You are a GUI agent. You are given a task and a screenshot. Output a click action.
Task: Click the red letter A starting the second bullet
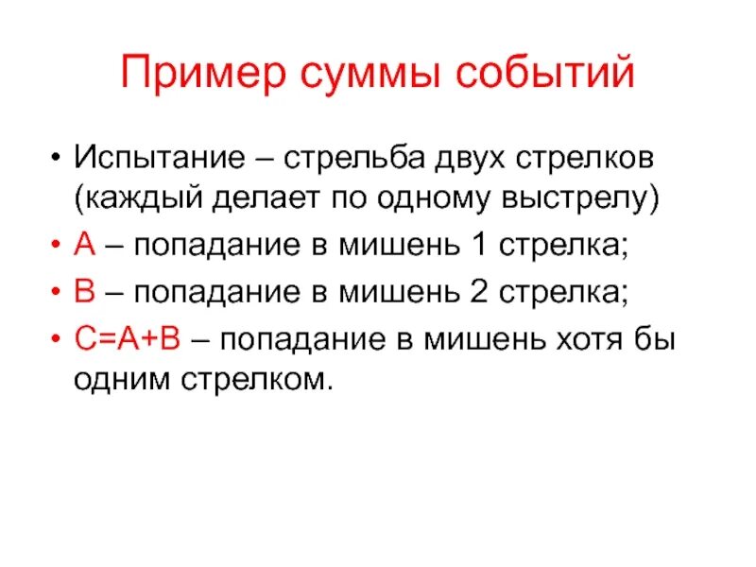[x=82, y=247]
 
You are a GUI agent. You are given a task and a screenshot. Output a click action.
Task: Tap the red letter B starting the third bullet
[x=82, y=293]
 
